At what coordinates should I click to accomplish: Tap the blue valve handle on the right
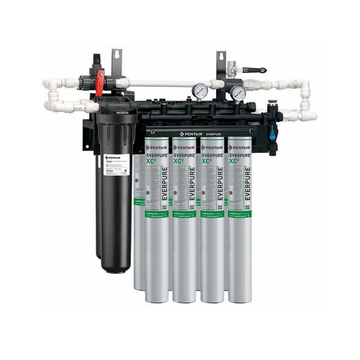(272, 134)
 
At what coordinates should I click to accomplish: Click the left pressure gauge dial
(200, 91)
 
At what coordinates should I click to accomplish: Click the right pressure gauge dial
(238, 93)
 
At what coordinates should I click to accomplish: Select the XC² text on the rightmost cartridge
(234, 160)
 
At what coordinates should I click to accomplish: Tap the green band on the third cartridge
(212, 214)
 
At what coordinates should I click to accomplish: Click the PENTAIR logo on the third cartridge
(211, 147)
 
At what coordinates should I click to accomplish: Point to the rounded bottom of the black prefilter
(116, 264)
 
